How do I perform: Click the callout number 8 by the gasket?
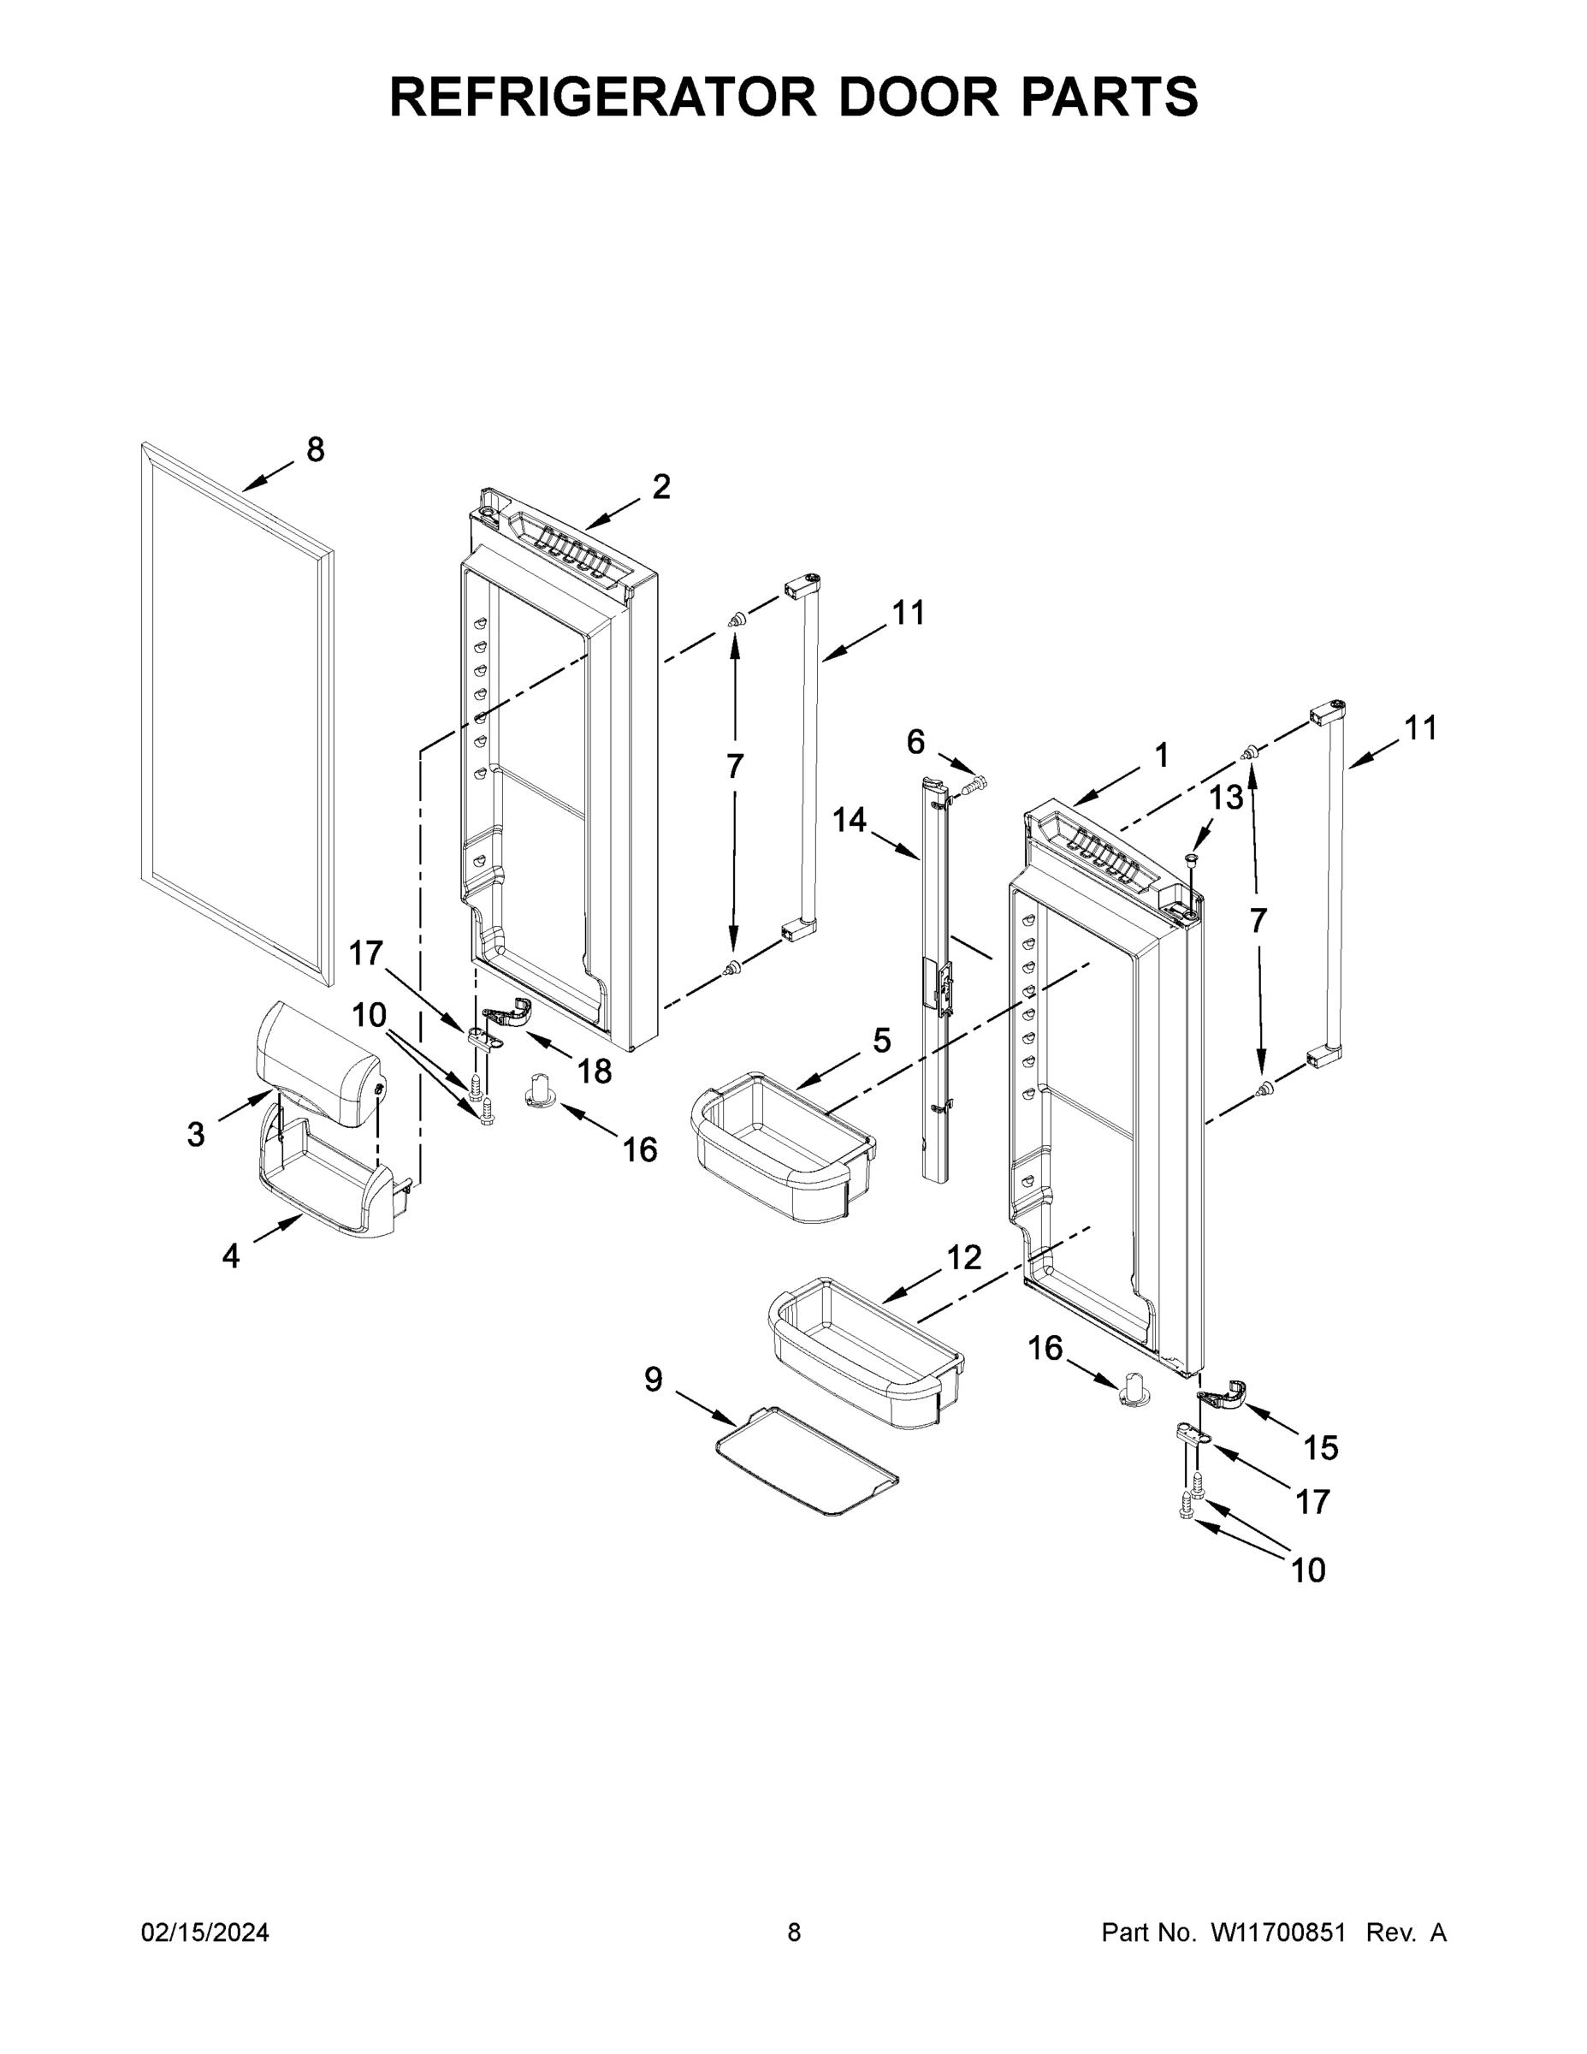315,450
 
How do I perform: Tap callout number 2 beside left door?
661,487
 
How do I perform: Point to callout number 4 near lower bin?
230,1256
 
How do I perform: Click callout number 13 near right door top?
1225,798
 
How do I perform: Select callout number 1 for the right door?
1161,754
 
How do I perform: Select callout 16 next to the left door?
640,1149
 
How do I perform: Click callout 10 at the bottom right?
1308,1570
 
